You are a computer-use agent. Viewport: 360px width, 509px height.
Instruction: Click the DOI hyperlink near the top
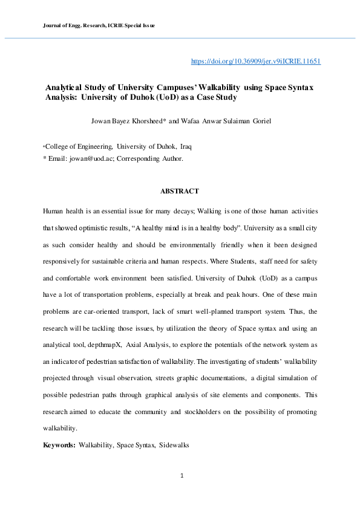(x=255, y=62)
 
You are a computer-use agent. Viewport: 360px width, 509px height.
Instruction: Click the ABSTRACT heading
(x=180, y=191)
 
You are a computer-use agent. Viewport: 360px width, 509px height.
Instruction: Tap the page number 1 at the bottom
(x=182, y=476)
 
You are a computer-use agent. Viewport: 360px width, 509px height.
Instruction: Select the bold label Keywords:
(x=59, y=445)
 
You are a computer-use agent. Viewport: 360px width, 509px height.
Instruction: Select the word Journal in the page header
(x=53, y=26)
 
